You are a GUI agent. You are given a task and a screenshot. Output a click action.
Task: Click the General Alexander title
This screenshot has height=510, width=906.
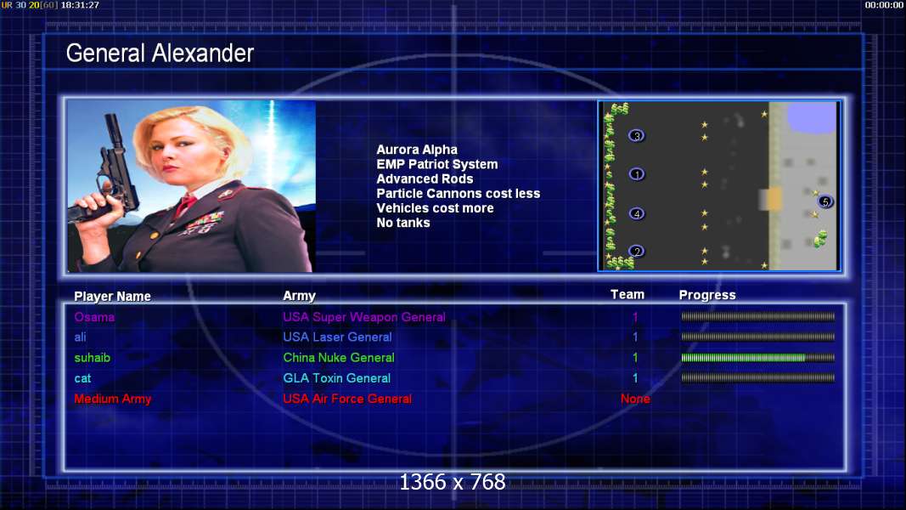click(x=160, y=54)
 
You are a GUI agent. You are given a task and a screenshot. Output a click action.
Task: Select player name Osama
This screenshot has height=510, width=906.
click(x=94, y=317)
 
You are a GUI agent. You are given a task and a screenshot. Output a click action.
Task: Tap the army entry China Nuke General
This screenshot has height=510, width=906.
click(x=339, y=357)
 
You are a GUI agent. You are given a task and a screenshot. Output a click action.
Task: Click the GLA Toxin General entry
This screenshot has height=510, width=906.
click(x=337, y=378)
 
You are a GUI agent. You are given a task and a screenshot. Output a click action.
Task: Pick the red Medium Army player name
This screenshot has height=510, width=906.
click(x=113, y=399)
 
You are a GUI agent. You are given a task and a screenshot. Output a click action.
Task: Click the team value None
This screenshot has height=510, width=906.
click(x=635, y=399)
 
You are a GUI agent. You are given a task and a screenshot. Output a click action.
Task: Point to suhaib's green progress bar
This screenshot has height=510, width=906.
click(x=757, y=358)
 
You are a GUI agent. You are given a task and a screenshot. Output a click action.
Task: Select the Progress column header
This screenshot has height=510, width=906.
click(x=707, y=295)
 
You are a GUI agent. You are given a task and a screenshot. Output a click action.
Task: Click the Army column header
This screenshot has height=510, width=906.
click(x=299, y=296)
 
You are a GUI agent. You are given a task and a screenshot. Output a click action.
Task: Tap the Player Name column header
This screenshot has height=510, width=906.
click(x=113, y=296)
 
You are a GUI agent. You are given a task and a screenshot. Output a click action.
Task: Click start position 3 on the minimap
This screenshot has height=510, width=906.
click(x=636, y=136)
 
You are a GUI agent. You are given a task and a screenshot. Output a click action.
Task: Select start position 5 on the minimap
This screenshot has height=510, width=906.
click(x=825, y=201)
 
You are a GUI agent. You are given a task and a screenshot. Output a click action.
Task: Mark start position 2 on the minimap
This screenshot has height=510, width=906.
click(x=636, y=252)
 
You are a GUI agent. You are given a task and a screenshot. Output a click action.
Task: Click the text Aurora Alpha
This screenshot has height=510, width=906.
click(x=417, y=150)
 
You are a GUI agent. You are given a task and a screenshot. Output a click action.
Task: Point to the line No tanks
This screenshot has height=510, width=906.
click(x=403, y=223)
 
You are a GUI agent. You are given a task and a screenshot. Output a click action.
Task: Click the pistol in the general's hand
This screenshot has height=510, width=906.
click(x=110, y=173)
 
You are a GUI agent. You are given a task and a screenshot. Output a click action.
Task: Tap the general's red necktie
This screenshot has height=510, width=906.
click(x=185, y=205)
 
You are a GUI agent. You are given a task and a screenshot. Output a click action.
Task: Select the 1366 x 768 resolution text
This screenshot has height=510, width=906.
click(x=453, y=482)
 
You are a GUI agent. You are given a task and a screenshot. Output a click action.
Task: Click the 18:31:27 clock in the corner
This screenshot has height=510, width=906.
click(x=80, y=5)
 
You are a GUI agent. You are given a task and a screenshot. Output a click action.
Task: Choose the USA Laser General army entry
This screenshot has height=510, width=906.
click(x=337, y=337)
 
